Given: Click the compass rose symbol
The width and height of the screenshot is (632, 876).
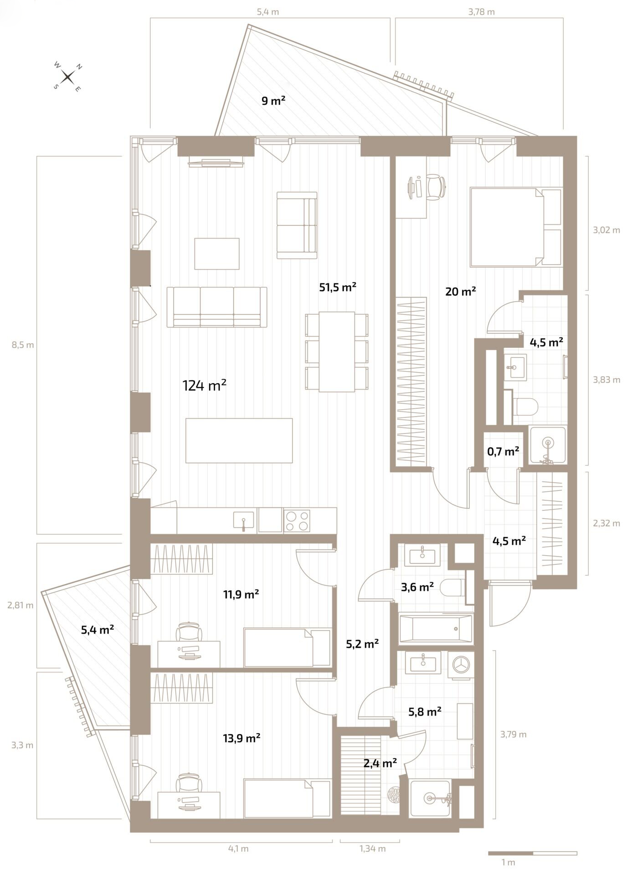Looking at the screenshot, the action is point(68,77).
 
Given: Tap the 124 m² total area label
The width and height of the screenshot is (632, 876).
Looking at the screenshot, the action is point(205,386).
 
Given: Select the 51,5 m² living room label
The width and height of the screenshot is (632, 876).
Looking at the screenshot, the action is point(338,287).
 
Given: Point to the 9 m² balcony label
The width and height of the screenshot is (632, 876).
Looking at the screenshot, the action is point(273,100).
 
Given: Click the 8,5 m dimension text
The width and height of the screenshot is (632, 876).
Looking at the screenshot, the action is point(23,345).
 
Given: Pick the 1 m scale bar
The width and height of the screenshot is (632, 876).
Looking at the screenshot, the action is point(532,853).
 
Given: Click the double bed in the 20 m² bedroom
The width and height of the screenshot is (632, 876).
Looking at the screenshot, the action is point(515,227).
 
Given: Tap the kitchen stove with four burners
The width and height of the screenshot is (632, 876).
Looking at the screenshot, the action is point(297,521).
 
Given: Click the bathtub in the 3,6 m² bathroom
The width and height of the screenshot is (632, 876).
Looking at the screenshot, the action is point(436,628).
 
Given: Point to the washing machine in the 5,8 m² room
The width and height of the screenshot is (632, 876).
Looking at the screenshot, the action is point(461,665).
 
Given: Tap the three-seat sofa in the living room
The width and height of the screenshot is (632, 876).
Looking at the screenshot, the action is point(217,307).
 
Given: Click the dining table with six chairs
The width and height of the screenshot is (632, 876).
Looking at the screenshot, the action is point(337,351).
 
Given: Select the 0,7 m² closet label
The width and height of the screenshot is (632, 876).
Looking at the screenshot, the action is point(503,451).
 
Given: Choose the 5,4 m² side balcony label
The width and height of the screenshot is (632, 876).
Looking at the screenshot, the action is point(98,630).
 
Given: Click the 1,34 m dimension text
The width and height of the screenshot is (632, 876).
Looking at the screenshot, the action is point(373,849).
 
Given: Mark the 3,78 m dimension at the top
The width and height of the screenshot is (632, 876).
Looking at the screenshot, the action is point(481,12).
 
